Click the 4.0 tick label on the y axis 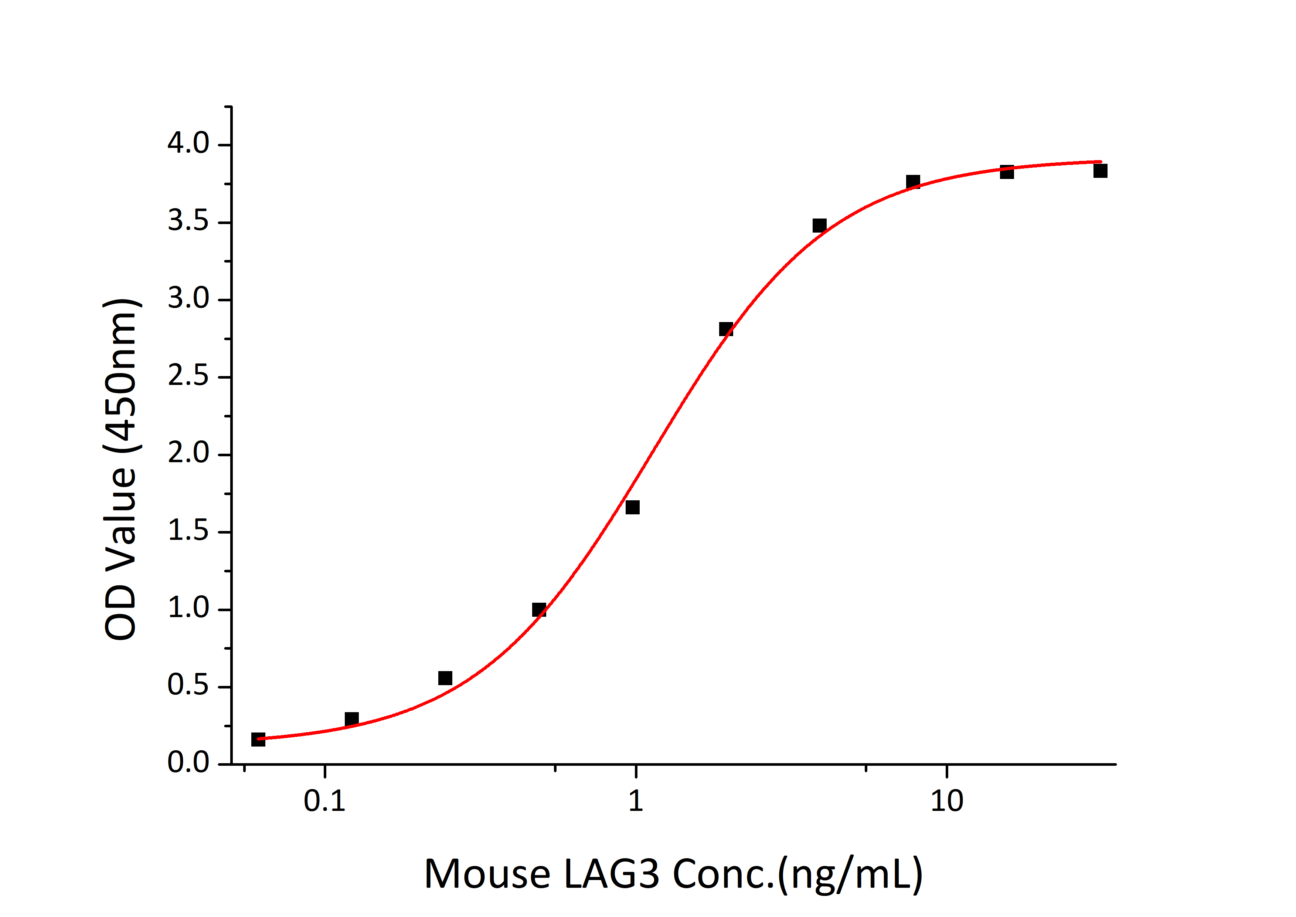[188, 144]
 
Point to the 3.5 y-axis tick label [188, 221]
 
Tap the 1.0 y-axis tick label [188, 608]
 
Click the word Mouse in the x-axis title [487, 874]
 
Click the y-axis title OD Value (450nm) [121, 468]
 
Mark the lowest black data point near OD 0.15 [258, 739]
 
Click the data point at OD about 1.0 [539, 610]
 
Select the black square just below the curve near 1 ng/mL [633, 507]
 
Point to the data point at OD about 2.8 [726, 329]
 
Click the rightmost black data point [1100, 170]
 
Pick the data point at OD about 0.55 [445, 678]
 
